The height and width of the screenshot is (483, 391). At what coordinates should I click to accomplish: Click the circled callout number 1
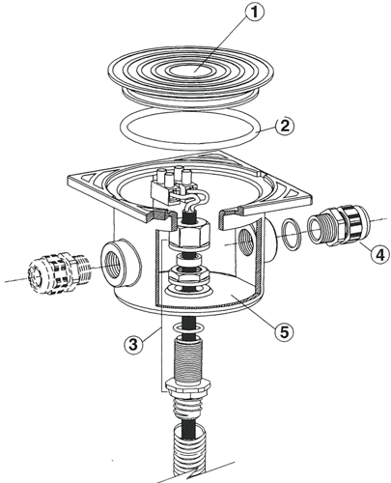(x=254, y=13)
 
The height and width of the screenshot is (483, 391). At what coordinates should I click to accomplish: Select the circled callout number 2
(x=285, y=126)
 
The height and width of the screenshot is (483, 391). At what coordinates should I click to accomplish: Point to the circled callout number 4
(x=379, y=254)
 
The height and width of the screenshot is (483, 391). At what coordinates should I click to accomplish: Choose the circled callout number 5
(x=284, y=332)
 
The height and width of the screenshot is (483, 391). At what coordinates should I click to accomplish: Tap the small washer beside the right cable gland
(x=291, y=234)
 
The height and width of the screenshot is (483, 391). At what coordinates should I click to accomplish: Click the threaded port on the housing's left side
(x=121, y=263)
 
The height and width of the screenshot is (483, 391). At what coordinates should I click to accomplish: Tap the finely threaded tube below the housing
(x=188, y=356)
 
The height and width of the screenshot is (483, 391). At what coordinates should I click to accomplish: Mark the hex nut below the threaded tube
(x=188, y=386)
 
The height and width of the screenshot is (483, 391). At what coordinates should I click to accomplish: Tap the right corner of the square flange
(x=312, y=197)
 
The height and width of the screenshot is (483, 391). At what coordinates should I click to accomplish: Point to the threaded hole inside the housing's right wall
(x=246, y=241)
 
